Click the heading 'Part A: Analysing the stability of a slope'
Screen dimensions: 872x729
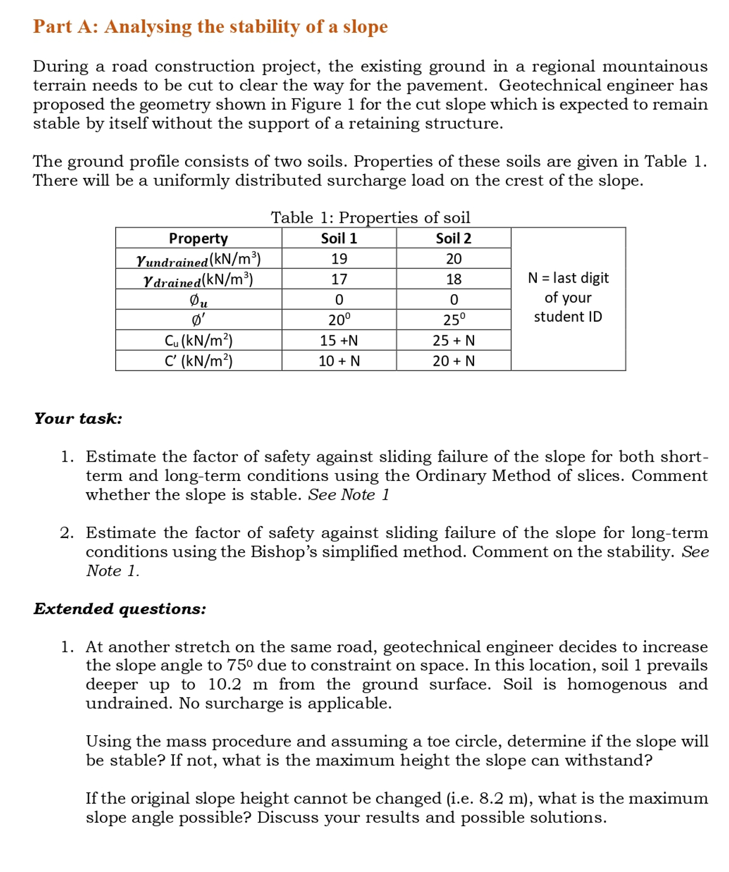tap(210, 26)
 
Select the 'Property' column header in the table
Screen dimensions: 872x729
tap(198, 238)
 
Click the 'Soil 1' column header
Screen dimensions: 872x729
tap(339, 238)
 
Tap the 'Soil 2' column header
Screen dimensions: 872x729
tap(453, 238)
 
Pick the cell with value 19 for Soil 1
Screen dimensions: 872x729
tap(339, 259)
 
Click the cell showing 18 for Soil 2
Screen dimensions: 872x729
tap(453, 279)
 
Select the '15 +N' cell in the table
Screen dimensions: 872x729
tap(339, 341)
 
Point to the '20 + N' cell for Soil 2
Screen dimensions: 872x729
tap(453, 361)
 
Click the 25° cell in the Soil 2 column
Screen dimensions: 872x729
tap(453, 320)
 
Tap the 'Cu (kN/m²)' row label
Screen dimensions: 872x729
tap(198, 341)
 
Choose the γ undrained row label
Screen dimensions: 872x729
tap(198, 259)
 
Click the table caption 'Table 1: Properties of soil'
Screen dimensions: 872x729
tap(370, 218)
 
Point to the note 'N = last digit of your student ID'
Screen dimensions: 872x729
tap(568, 297)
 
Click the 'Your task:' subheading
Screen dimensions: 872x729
tap(78, 419)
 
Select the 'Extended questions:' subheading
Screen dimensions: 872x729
tap(120, 609)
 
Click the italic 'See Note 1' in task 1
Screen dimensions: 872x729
tap(348, 495)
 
